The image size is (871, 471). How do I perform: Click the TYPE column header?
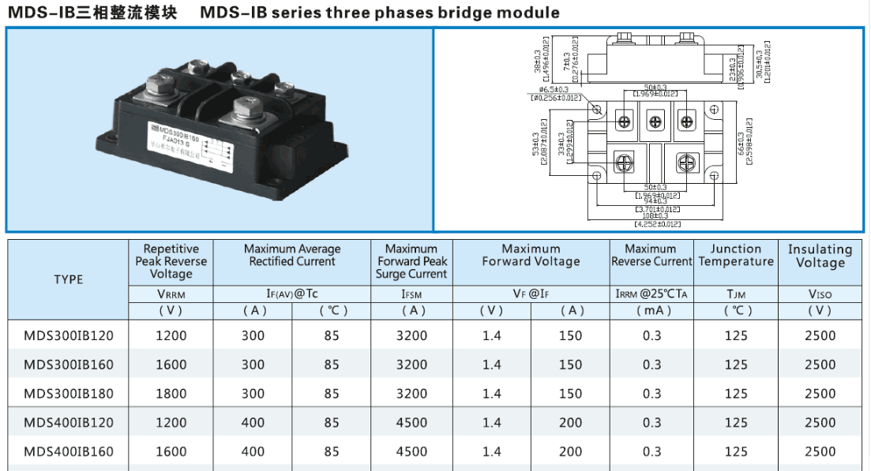[69, 279]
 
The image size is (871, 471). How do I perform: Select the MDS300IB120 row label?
[69, 335]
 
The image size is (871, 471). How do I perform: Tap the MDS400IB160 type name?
[69, 451]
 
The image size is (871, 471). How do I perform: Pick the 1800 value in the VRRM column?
[171, 394]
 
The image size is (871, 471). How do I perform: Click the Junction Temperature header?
[736, 255]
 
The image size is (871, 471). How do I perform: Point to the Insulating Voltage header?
[820, 256]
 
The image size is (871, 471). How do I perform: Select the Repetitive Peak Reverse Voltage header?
[171, 261]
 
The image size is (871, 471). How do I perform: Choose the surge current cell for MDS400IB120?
[411, 423]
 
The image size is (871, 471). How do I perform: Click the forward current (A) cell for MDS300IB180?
[570, 394]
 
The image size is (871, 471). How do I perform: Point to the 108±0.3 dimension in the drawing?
[651, 215]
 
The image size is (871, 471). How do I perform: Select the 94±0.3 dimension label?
[651, 201]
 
